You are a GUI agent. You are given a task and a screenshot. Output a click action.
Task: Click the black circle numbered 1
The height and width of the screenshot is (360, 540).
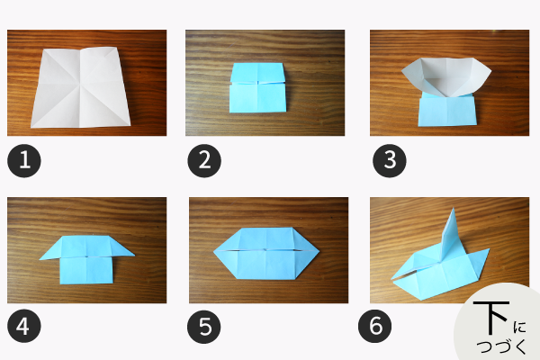[x=24, y=161]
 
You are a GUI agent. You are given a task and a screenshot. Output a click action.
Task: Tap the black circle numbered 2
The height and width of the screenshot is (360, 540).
[x=204, y=161]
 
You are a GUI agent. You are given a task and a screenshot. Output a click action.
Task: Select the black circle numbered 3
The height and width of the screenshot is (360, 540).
[x=390, y=161]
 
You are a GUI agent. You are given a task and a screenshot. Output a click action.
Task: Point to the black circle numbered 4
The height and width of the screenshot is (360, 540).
[x=24, y=326]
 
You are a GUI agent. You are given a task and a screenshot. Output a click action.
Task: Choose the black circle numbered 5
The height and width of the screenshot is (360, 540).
[x=204, y=326]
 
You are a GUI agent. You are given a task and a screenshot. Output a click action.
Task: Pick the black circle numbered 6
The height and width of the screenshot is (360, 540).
[x=375, y=326]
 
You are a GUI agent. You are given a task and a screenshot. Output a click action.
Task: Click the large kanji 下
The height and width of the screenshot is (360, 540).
[x=491, y=318]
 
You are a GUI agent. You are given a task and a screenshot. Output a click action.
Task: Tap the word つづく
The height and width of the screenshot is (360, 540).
[x=501, y=346]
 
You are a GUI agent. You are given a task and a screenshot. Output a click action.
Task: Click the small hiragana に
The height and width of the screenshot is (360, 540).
[x=519, y=327]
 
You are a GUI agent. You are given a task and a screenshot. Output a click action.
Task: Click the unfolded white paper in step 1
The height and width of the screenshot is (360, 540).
[x=81, y=87]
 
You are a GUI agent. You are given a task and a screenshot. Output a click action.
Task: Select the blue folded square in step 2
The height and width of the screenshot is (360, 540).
[x=257, y=87]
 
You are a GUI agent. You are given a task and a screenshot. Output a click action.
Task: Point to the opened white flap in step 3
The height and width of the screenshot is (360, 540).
[x=446, y=76]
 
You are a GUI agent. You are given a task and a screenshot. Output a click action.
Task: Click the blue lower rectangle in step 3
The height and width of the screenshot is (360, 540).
[x=447, y=111]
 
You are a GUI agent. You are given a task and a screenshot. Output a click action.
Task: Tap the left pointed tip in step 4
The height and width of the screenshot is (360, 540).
[x=40, y=259]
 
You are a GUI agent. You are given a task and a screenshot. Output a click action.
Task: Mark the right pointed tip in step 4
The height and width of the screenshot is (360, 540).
[x=134, y=256]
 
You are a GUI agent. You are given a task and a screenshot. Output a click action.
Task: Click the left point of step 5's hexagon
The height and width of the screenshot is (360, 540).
[x=214, y=251]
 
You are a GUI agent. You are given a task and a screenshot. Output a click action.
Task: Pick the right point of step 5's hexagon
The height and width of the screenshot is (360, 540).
[x=319, y=250]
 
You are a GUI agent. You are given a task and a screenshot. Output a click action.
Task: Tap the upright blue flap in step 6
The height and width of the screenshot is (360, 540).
[x=449, y=234]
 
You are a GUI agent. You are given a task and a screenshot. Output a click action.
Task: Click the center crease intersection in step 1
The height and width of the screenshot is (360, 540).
[x=80, y=87]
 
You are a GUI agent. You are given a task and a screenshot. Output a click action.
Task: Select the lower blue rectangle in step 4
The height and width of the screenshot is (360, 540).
[x=86, y=270]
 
